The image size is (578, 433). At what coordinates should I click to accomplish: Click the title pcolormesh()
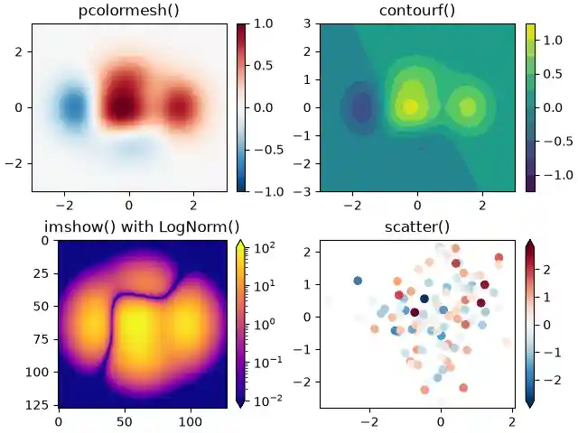click(128, 11)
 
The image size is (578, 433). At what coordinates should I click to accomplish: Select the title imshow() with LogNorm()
click(129, 226)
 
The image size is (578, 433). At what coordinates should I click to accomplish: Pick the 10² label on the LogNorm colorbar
click(266, 246)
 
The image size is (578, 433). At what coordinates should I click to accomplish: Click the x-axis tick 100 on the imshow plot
click(191, 420)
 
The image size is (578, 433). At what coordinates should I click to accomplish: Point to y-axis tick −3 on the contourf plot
click(304, 191)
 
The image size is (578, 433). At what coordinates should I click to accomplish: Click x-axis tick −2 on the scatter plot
click(368, 420)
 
